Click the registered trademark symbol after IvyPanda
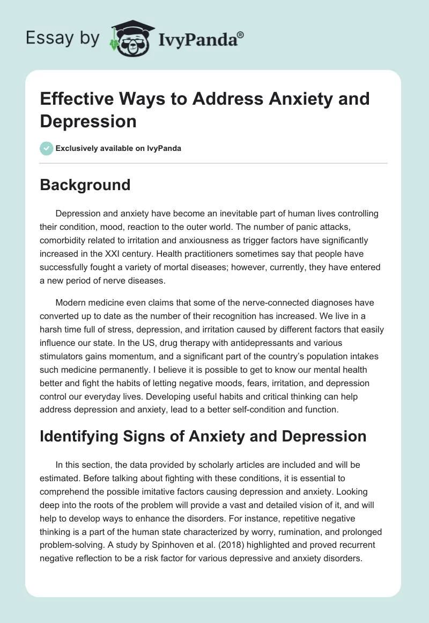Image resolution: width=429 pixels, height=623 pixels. [241, 34]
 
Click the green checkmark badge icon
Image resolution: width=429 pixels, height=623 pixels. [47, 148]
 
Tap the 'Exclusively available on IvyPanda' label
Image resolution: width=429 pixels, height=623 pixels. [119, 149]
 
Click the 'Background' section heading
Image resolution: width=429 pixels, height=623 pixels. [85, 185]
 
